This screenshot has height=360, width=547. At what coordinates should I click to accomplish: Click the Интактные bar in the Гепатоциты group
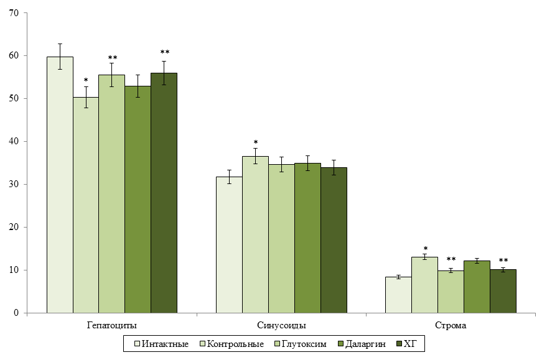(x=60, y=185)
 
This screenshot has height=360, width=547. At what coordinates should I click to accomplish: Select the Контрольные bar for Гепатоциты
(x=86, y=205)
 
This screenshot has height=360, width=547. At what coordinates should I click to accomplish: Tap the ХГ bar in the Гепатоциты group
(x=164, y=193)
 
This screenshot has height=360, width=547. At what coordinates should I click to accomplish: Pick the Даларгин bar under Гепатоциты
(x=138, y=200)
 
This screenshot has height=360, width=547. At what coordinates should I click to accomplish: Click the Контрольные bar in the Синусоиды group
(x=255, y=234)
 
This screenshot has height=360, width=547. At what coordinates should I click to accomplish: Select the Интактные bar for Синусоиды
(x=229, y=244)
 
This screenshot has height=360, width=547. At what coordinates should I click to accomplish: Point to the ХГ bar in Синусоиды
(x=334, y=240)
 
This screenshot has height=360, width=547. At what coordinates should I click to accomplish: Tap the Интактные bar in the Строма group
(x=398, y=295)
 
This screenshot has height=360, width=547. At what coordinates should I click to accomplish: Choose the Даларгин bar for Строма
(x=477, y=287)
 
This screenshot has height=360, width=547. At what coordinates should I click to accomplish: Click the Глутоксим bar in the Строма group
(x=451, y=292)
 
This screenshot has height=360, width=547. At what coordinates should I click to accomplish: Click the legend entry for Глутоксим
(x=301, y=344)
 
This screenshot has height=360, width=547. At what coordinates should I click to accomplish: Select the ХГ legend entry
(x=407, y=344)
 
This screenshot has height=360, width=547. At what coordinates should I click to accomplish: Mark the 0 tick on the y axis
(x=16, y=313)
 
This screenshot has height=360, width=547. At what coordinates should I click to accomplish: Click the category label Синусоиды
(x=281, y=326)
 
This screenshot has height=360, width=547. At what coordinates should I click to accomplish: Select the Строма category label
(x=451, y=326)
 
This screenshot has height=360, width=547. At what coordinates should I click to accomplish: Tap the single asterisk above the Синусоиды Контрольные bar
(x=256, y=142)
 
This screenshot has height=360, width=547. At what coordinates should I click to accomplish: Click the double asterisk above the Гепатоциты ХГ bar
(x=165, y=52)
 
